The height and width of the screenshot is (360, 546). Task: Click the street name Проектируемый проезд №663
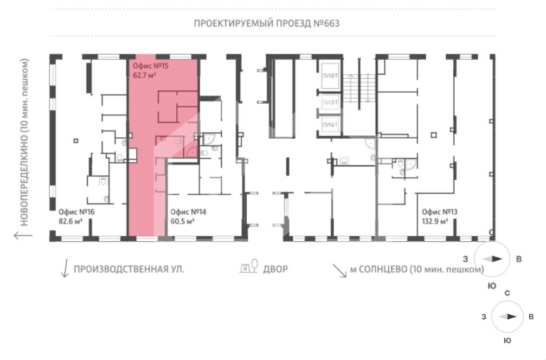[266, 23]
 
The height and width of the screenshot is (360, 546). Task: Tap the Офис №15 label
[150, 66]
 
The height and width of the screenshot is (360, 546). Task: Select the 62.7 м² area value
[144, 75]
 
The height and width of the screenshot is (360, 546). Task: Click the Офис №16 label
[76, 211]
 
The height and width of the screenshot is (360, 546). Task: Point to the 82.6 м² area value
[70, 221]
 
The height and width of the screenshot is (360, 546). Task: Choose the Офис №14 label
[188, 211]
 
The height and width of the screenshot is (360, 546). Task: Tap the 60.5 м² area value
[182, 221]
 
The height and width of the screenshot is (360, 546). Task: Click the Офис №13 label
[439, 211]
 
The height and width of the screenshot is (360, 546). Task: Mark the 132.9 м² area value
[435, 221]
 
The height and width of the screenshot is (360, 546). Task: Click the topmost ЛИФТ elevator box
[330, 75]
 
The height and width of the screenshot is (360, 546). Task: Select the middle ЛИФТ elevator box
[330, 102]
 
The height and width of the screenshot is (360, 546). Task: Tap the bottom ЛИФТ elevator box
[330, 125]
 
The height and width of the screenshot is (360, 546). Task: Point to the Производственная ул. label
[129, 269]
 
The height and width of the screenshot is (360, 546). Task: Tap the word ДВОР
[275, 269]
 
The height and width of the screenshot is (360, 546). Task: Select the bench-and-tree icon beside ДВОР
[249, 266]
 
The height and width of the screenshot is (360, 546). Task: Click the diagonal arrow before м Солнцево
[339, 271]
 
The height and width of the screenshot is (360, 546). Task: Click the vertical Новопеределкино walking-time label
[24, 142]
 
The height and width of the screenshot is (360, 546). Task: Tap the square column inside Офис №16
[76, 140]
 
